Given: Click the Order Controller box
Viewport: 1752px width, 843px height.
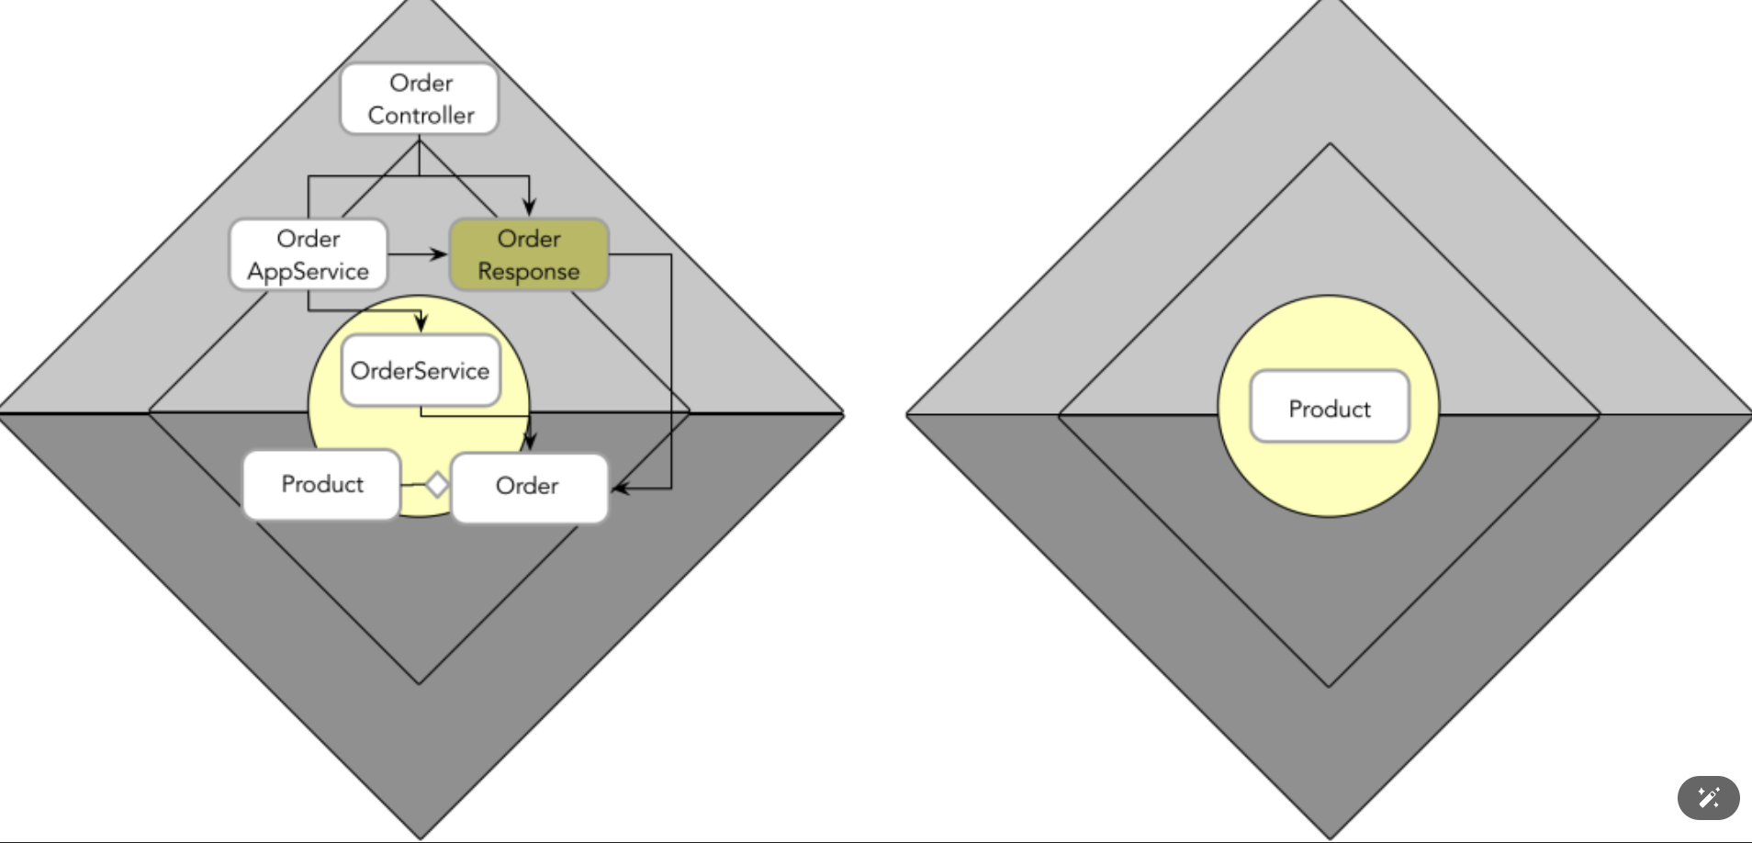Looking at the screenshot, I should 420,99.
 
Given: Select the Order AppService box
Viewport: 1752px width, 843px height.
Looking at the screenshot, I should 309,254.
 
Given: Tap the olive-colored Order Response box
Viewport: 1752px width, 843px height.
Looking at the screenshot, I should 529,254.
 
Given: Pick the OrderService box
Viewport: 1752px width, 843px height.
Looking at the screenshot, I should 421,370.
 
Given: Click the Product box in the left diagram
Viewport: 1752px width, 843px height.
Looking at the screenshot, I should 321,484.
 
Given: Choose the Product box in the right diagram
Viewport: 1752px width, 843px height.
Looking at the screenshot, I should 1329,407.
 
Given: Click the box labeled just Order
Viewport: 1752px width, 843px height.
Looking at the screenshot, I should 529,487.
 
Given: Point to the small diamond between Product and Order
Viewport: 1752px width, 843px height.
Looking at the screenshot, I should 437,484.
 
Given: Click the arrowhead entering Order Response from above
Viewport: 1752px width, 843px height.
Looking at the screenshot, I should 529,208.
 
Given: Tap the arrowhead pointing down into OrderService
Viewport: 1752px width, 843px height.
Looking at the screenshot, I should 421,322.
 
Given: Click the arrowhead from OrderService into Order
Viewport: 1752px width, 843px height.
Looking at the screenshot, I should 530,442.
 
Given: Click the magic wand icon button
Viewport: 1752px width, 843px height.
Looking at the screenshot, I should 1708,797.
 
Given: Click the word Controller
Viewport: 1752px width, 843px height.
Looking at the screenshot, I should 421,116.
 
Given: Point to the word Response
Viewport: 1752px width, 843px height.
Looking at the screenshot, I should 529,272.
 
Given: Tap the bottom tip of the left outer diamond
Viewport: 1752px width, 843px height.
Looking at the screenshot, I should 420,837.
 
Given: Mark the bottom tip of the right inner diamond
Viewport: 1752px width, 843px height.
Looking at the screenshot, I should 1329,686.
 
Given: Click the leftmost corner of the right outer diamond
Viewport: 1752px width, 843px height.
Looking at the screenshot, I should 907,415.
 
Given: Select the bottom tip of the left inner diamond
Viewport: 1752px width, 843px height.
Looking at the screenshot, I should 420,683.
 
